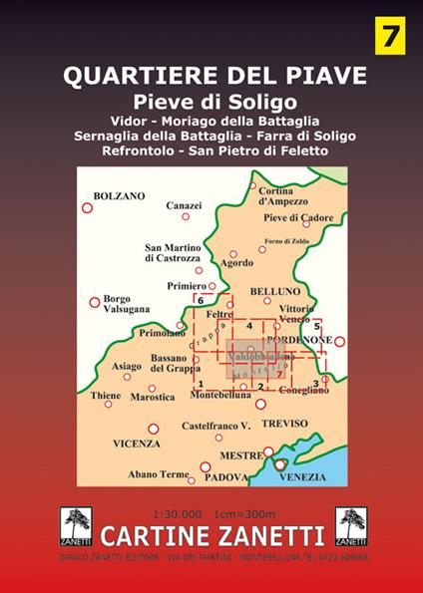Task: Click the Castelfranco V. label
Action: (214, 426)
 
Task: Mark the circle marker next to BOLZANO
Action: (87, 207)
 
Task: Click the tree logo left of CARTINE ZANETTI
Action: (73, 523)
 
